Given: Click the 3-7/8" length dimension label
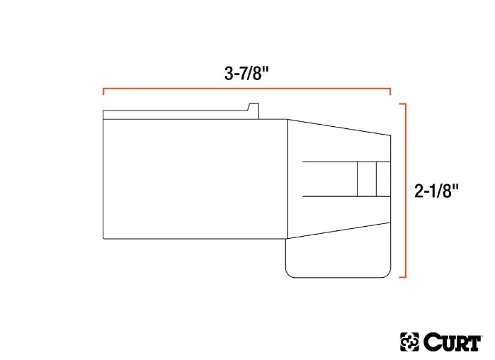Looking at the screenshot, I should tap(247, 73).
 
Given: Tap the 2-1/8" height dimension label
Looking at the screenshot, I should tap(437, 190).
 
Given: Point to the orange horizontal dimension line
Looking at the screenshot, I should tap(247, 89).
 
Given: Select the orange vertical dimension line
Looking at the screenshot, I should tap(404, 190).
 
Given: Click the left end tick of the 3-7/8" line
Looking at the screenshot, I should tap(104, 91).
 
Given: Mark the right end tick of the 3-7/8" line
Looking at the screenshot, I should tap(390, 91).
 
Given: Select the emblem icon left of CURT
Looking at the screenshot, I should tap(410, 342).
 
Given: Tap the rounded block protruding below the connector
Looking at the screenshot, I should tap(338, 255).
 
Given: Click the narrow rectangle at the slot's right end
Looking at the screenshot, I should tap(382, 179).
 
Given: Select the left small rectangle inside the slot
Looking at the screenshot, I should tap(365, 179).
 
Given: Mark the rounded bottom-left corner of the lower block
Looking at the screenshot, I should tap(289, 272).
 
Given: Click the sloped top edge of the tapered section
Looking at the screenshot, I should tap(338, 127).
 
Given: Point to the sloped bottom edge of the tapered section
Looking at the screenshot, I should tap(338, 231).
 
